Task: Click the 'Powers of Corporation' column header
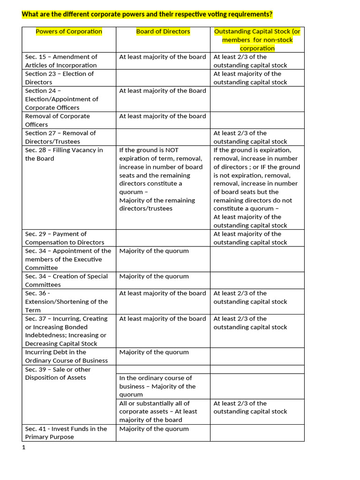pos(69,31)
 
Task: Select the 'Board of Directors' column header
pos(163,31)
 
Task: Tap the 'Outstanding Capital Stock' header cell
pos(257,40)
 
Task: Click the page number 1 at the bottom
pos(23,447)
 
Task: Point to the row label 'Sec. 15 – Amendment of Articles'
pos(61,61)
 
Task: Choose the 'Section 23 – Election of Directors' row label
pos(59,78)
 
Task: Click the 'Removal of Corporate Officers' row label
pos(57,120)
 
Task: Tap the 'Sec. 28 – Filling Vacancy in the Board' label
pos(64,154)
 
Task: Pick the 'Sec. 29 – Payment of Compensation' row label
pos(64,238)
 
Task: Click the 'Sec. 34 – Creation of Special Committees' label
pos(66,280)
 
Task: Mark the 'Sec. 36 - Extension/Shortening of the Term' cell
pos(66,301)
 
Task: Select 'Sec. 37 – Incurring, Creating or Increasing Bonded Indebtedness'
pos(66,331)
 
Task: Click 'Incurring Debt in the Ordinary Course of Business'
pos(66,356)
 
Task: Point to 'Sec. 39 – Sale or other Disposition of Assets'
pos(58,373)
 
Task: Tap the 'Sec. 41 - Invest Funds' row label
pos(66,433)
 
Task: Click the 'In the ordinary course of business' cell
pos(157,386)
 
